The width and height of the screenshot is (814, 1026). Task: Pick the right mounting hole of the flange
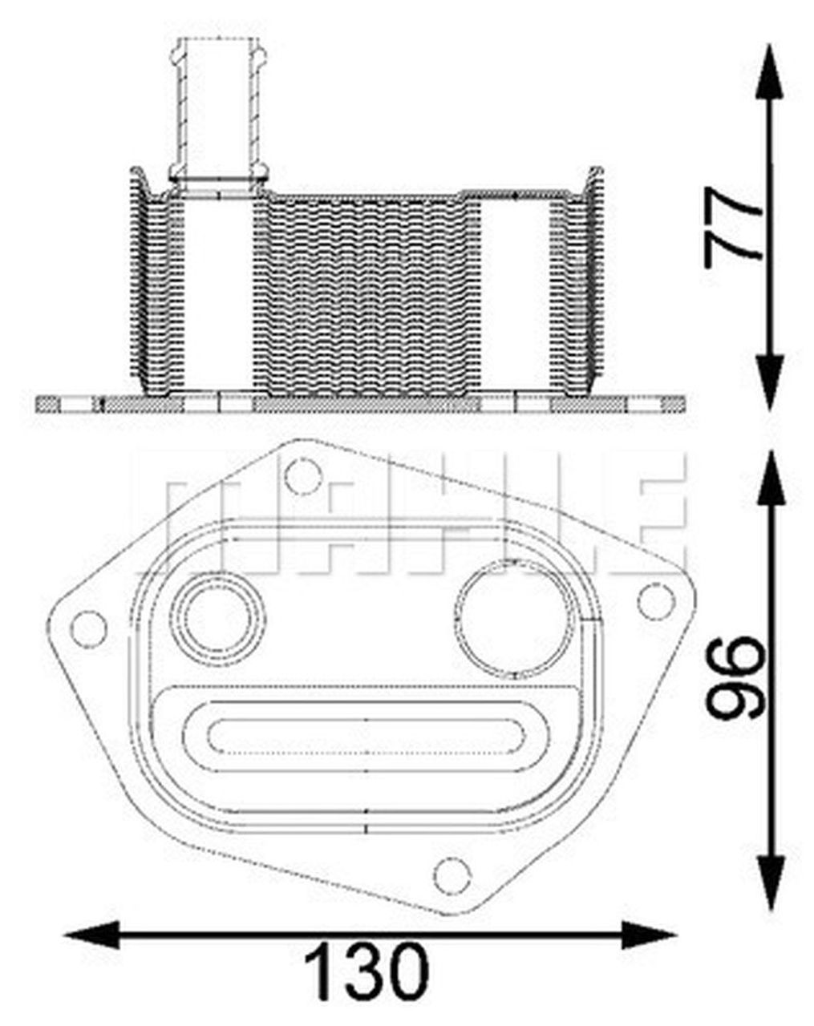655,600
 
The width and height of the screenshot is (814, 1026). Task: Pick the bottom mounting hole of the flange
453,874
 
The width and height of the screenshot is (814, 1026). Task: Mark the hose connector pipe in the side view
219,104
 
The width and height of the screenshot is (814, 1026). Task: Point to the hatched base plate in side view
361,403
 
